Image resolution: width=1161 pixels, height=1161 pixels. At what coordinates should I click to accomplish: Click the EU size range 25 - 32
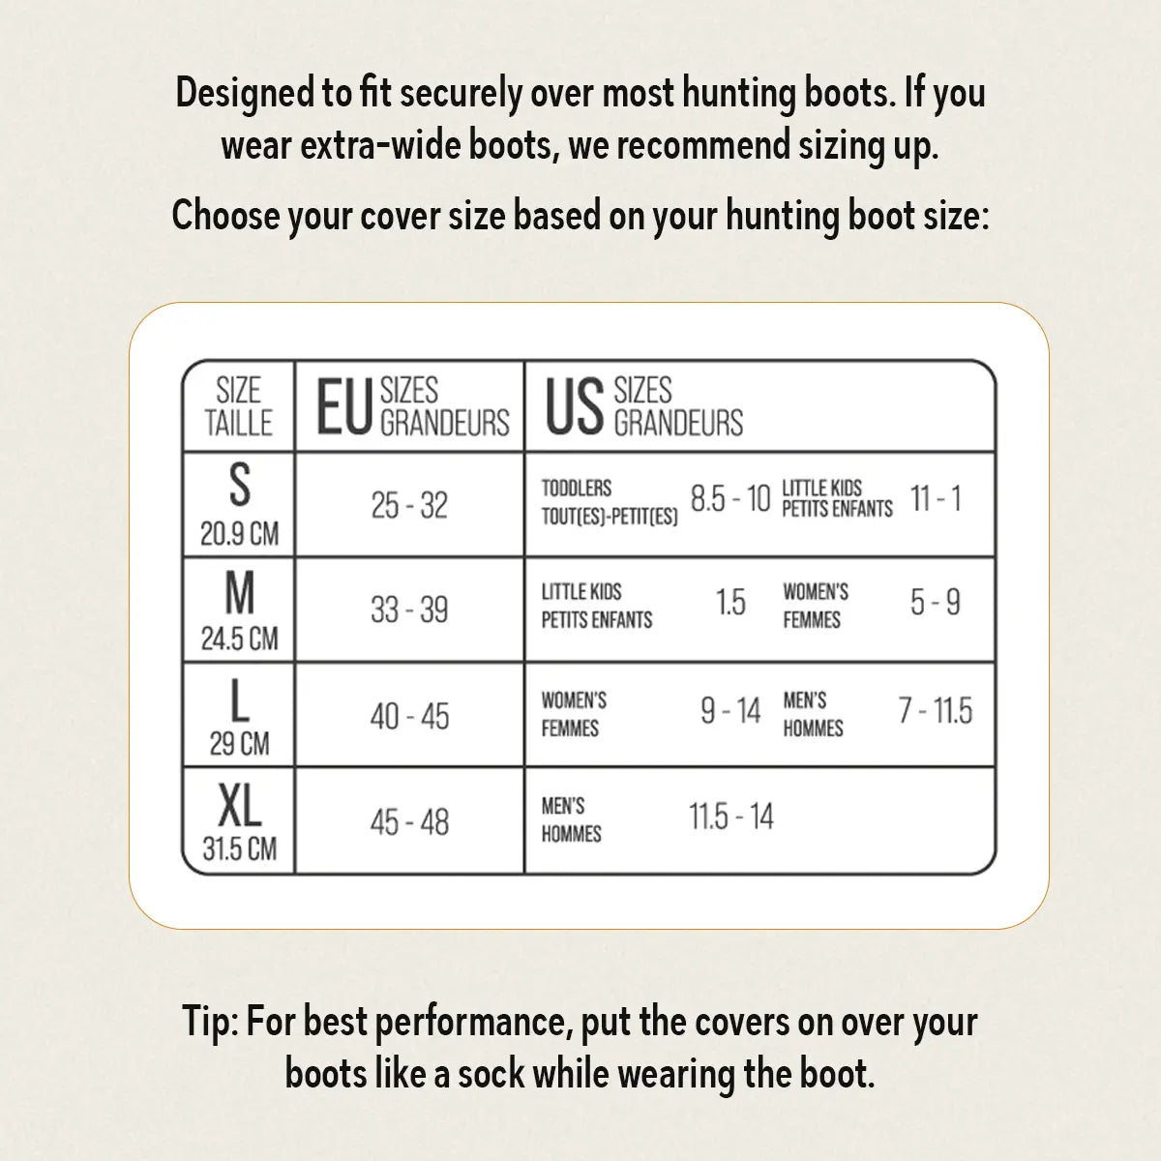click(x=409, y=505)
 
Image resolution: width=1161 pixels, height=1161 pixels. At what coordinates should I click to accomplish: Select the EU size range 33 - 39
click(x=409, y=610)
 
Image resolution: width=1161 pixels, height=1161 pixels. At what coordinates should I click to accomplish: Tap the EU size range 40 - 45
click(x=409, y=717)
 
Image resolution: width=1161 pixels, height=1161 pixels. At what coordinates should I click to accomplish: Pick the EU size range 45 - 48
click(x=409, y=822)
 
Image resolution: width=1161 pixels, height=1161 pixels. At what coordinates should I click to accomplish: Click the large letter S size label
click(x=239, y=486)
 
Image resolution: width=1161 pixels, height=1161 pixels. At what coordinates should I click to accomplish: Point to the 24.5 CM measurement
click(x=239, y=639)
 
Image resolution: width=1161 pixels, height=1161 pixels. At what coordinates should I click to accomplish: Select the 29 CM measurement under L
click(x=239, y=744)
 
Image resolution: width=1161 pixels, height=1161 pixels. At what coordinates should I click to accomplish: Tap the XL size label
click(x=239, y=804)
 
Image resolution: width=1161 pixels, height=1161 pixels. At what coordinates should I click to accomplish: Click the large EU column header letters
click(x=343, y=407)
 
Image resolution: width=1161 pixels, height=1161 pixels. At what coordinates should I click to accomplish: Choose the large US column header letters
click(x=575, y=407)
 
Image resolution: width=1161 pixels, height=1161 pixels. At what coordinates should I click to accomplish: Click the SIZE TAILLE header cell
click(x=239, y=407)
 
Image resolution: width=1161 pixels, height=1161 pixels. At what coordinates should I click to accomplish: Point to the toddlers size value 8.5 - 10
click(x=729, y=499)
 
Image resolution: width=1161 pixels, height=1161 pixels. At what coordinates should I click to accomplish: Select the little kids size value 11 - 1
click(x=936, y=499)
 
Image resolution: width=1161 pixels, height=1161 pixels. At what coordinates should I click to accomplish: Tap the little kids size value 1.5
click(x=730, y=603)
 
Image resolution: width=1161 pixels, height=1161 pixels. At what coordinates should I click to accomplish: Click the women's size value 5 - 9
click(x=935, y=603)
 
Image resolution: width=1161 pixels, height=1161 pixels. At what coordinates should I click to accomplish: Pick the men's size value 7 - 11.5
click(x=935, y=711)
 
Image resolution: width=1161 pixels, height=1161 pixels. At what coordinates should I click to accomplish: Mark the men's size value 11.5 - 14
click(x=730, y=817)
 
